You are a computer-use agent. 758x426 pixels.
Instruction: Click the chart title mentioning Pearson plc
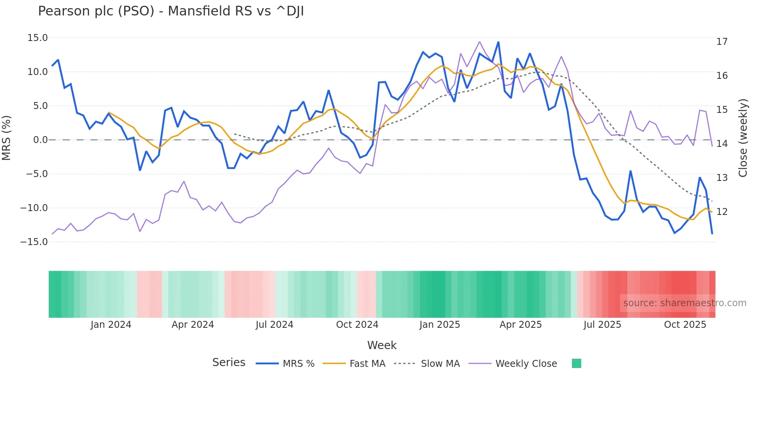pos(171,11)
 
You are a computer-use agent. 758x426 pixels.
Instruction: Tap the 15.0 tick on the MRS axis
pos(38,38)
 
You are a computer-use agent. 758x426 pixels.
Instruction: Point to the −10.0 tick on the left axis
pos(34,208)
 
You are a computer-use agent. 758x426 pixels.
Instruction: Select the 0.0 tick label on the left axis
pos(40,140)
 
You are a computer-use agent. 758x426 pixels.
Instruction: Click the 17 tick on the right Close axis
pos(722,42)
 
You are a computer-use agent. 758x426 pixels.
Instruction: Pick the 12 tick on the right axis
pos(722,212)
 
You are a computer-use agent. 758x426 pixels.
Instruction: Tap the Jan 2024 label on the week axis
pos(111,325)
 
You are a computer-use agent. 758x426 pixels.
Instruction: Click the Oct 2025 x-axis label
pos(685,325)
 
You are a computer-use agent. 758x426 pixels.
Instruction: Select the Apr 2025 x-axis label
pos(521,325)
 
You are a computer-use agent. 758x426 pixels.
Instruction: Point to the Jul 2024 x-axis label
pos(274,325)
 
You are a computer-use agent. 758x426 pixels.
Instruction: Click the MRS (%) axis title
pos(7,138)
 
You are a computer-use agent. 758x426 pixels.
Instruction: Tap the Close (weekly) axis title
pos(743,138)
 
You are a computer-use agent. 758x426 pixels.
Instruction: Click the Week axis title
pos(382,345)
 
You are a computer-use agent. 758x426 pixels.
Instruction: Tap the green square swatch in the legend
pos(576,364)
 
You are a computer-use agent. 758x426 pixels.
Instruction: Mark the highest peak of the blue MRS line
pos(498,42)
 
